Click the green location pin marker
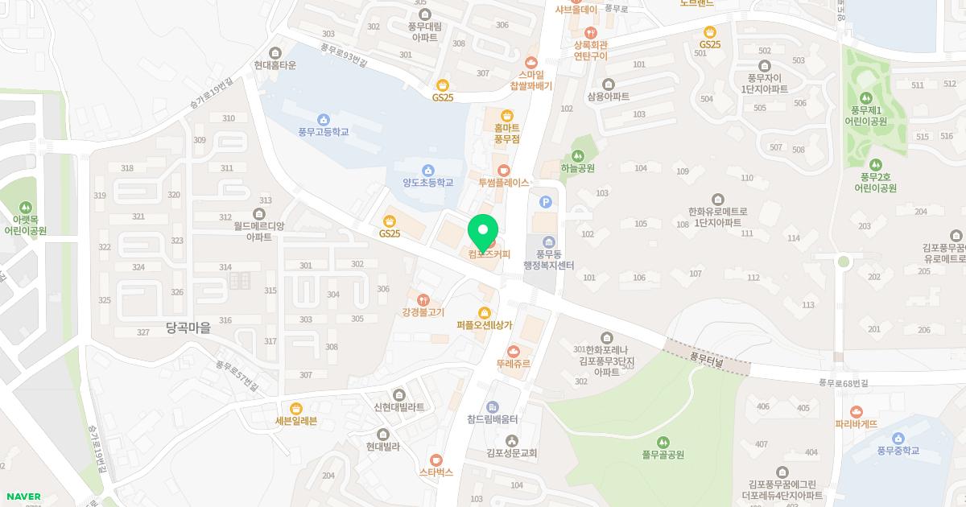coord(483,233)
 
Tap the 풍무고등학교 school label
coord(323,131)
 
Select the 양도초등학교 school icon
coord(428,170)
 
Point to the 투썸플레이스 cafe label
coord(504,183)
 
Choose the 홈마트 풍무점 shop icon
coord(507,115)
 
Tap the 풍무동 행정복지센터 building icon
coord(548,242)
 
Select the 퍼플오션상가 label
coord(484,325)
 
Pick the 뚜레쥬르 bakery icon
coord(514,351)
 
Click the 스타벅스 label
coord(436,472)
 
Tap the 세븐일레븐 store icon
coord(296,408)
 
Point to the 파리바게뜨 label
coord(856,424)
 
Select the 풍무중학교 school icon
coord(898,438)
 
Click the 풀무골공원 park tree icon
coord(663,442)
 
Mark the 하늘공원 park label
coord(577,169)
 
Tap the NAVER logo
coord(23,497)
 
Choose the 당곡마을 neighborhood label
coord(188,328)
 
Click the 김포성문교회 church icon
coord(512,440)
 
